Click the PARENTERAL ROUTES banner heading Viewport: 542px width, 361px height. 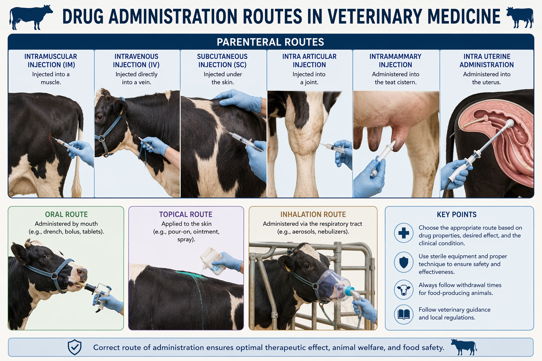point(270,42)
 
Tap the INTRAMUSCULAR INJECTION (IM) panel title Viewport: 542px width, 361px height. point(51,60)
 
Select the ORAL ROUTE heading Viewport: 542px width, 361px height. point(66,214)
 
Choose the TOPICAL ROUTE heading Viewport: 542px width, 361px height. point(186,214)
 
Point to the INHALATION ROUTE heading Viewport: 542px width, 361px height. point(313,214)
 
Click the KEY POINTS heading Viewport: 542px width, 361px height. point(457,214)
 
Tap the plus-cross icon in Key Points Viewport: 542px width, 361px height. point(404,233)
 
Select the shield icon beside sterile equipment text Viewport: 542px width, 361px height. point(404,262)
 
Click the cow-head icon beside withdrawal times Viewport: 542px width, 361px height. point(404,289)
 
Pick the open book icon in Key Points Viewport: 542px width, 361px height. point(404,314)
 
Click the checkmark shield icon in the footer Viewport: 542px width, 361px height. point(74,347)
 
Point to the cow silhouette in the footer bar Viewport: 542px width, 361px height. point(464,347)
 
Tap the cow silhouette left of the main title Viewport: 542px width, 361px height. point(31,17)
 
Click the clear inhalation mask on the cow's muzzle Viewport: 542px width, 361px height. point(333,285)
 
